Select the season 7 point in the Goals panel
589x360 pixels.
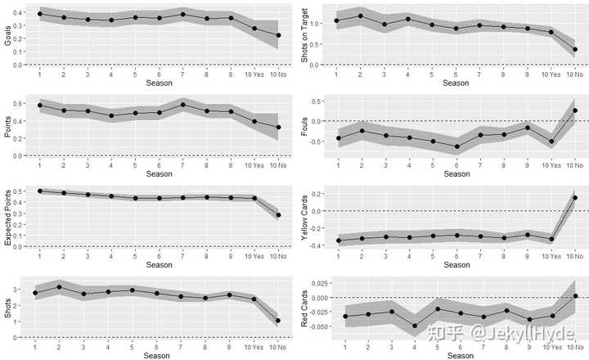point(182,14)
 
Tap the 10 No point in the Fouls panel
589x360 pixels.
point(575,110)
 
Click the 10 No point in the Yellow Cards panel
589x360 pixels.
point(575,197)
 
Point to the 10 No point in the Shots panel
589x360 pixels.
point(278,321)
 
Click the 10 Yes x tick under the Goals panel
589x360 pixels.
point(254,74)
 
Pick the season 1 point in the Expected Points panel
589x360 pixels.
point(39,191)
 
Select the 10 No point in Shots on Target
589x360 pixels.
point(575,50)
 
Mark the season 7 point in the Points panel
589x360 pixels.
point(182,104)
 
